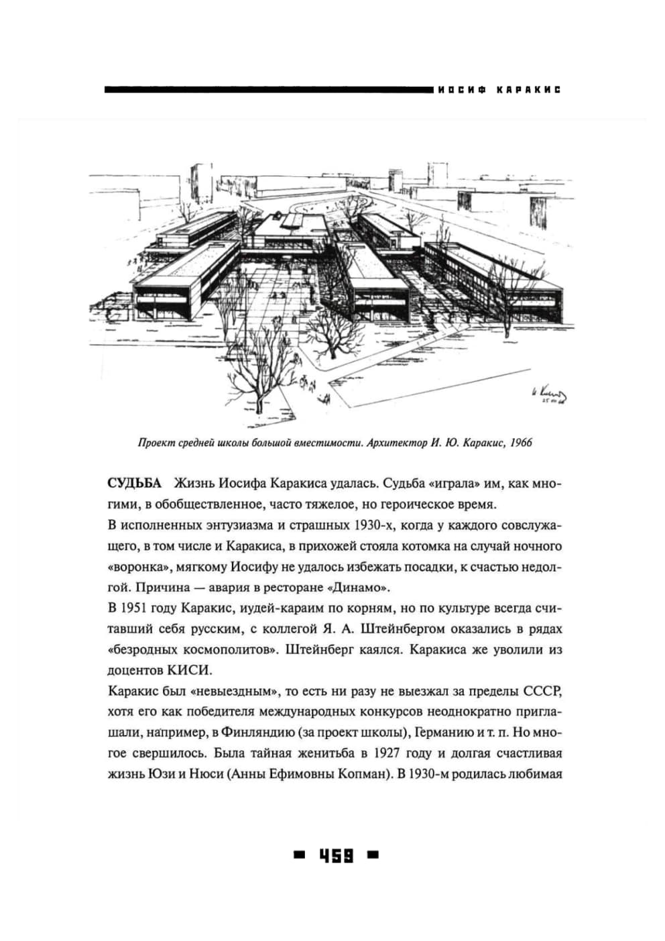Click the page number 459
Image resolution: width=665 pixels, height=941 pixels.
pyautogui.click(x=336, y=856)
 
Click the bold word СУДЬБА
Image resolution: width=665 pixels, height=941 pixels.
pyautogui.click(x=134, y=484)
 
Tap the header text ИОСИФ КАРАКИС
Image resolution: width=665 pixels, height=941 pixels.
pyautogui.click(x=498, y=90)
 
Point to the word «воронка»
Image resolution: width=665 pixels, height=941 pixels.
pyautogui.click(x=137, y=567)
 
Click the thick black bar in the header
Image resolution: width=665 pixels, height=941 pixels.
pyautogui.click(x=268, y=89)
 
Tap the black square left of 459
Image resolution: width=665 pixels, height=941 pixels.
pyautogui.click(x=299, y=855)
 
